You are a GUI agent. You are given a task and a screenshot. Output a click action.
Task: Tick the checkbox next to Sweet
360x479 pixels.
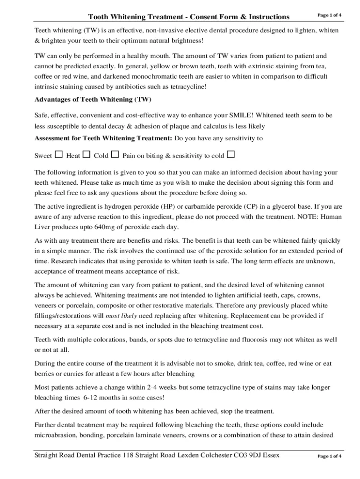[x=59, y=154]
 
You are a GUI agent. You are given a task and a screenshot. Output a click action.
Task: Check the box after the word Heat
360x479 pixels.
[x=86, y=154]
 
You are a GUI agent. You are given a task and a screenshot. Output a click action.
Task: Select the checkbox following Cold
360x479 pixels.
[x=115, y=154]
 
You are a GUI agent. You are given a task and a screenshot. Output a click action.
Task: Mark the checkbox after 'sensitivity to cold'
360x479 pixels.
[x=230, y=154]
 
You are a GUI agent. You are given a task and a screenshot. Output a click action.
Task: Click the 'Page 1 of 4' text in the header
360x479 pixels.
[x=329, y=15]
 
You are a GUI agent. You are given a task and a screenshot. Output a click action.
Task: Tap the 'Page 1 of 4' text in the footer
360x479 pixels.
[x=329, y=456]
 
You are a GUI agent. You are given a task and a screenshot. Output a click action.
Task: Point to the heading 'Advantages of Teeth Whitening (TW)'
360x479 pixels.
[x=93, y=99]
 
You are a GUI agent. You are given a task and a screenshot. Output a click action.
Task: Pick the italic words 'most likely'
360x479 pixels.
[x=121, y=315]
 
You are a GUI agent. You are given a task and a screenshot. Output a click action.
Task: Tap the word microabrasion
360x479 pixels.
[x=55, y=435]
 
